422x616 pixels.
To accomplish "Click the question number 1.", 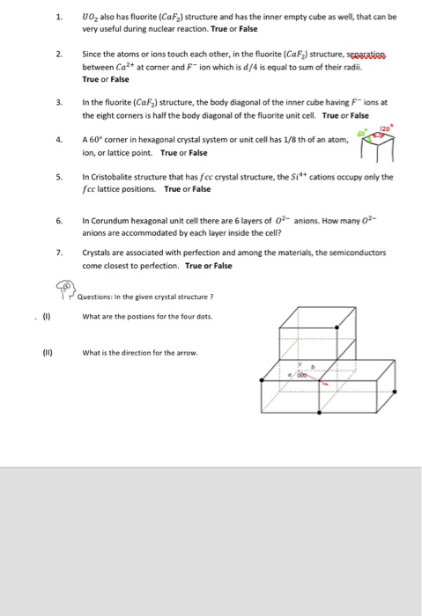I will (x=58, y=17).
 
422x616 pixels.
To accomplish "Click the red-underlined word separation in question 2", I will (x=374, y=55).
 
